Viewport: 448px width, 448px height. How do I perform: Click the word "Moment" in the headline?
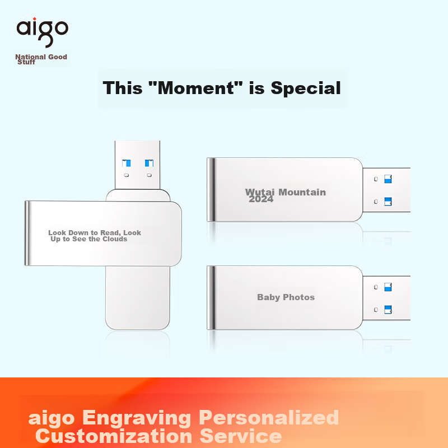pos(197,88)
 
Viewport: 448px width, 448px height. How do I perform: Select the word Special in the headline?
pos(306,88)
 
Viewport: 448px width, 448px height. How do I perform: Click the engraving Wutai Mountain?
pos(286,192)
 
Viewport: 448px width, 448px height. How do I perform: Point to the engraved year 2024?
pos(261,199)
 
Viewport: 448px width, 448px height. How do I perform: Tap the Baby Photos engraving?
pos(286,297)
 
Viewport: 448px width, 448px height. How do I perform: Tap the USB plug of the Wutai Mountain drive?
pos(386,190)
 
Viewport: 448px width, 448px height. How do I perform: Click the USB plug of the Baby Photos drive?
pos(386,298)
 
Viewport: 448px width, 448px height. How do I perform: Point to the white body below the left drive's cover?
pos(137,297)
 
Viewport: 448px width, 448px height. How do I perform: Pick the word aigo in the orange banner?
pos(52,418)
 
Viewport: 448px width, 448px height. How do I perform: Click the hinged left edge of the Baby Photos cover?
pos(211,297)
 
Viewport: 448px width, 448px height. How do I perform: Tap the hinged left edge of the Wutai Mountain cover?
pos(211,189)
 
